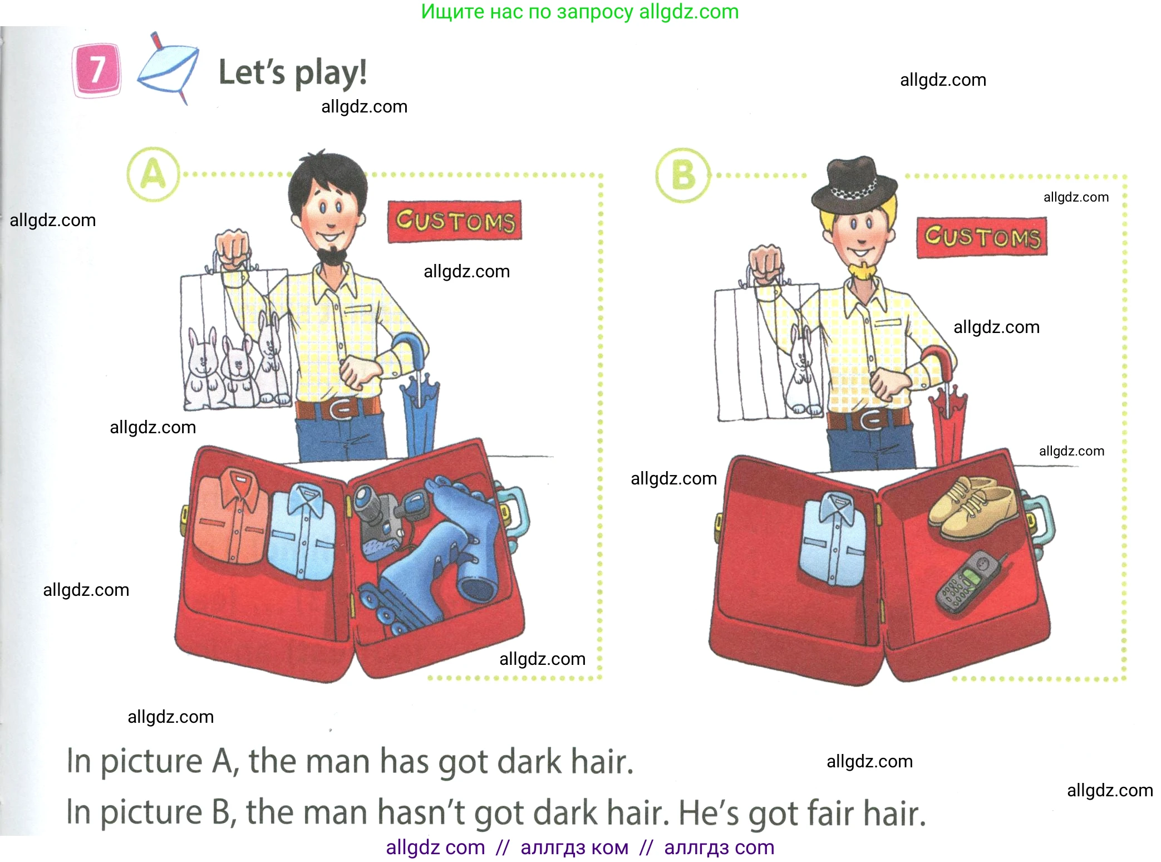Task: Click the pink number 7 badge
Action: click(97, 70)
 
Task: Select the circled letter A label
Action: click(154, 174)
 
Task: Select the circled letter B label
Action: click(683, 175)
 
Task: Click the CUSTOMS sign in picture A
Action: click(455, 222)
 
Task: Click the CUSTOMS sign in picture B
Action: click(982, 238)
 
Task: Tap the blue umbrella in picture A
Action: click(419, 395)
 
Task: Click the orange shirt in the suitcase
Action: click(230, 515)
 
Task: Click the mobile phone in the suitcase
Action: click(970, 582)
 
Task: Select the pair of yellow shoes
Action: click(971, 505)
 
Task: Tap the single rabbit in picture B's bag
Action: click(802, 368)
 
